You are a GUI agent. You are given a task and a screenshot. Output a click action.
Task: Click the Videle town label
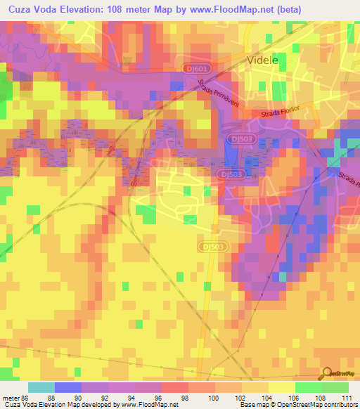coord(263,61)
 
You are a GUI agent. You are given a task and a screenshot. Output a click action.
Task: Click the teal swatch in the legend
coord(41,387)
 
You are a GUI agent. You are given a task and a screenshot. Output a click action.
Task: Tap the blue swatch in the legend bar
coord(68,387)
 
